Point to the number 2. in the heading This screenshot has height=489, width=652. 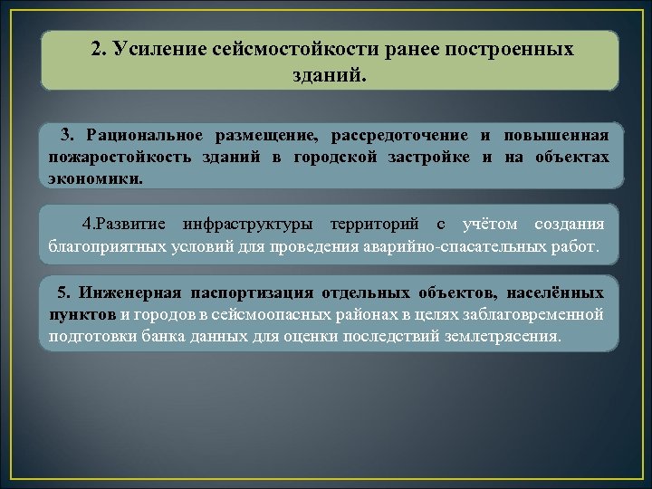pyautogui.click(x=100, y=49)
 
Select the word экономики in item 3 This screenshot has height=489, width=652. pyautogui.click(x=94, y=178)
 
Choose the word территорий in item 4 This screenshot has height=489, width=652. pyautogui.click(x=372, y=224)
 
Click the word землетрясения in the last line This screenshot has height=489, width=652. pyautogui.click(x=506, y=335)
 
